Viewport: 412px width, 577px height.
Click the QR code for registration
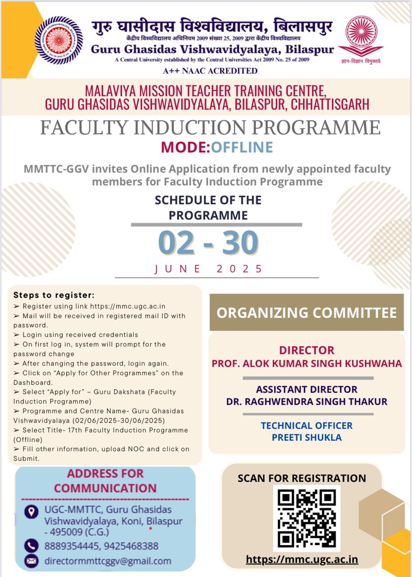[x=307, y=518]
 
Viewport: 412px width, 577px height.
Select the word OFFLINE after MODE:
[x=242, y=147]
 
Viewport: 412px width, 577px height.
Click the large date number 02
[x=176, y=243]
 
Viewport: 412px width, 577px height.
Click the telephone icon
[x=31, y=545]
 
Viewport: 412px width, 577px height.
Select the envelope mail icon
[x=31, y=561]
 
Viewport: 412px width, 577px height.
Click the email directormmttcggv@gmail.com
[x=108, y=561]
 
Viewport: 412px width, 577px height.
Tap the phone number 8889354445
[x=72, y=546]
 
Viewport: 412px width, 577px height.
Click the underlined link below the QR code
[x=302, y=559]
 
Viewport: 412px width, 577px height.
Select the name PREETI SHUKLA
[x=307, y=437]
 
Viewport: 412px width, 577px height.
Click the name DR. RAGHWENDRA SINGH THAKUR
[x=307, y=401]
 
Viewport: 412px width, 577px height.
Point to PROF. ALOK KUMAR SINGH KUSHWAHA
[x=307, y=363]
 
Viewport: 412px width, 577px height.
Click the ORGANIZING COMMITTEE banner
[x=307, y=312]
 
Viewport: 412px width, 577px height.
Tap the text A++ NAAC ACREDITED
[x=211, y=71]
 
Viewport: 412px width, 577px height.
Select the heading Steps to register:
[x=54, y=296]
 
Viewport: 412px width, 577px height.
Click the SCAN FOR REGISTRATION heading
[x=302, y=478]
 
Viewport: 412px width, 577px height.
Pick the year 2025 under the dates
[x=239, y=269]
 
